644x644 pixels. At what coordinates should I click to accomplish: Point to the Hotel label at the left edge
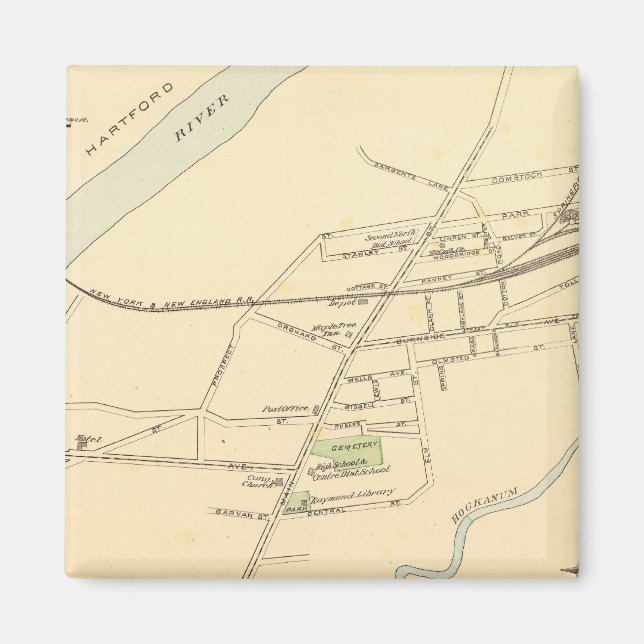pos(82,438)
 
